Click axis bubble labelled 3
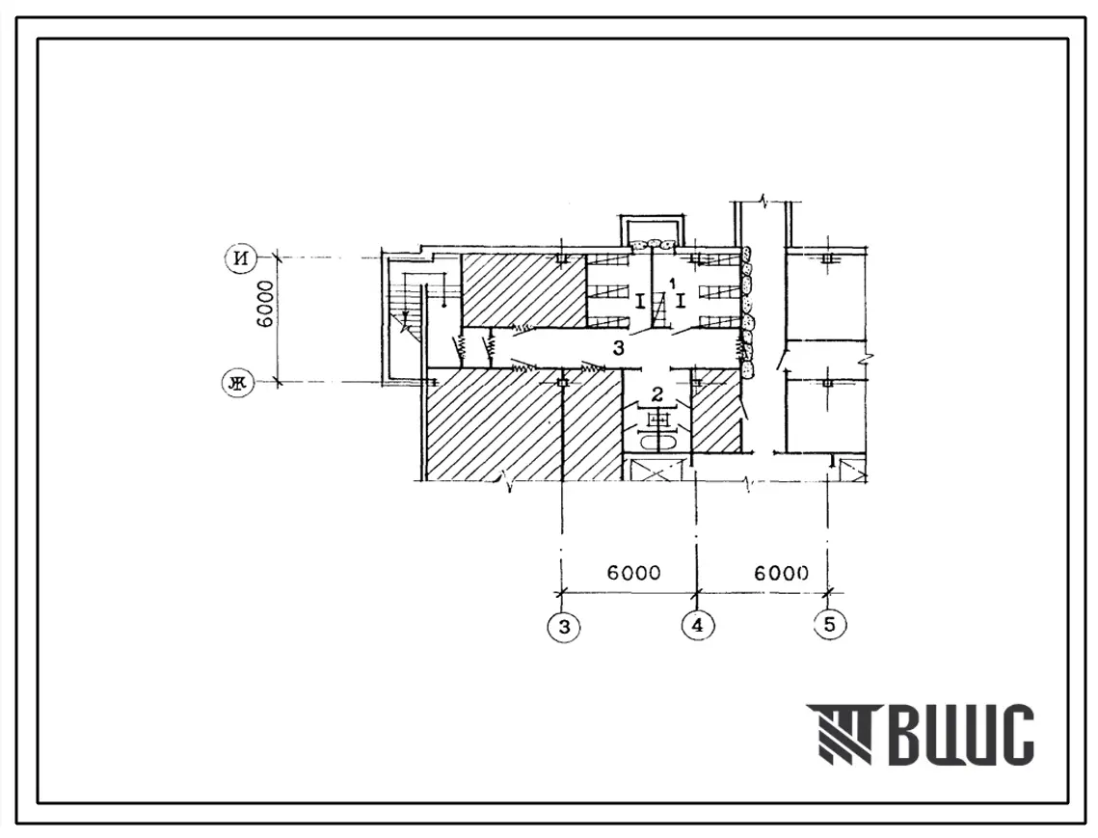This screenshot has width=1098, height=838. tap(564, 627)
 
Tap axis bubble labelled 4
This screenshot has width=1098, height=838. tap(697, 625)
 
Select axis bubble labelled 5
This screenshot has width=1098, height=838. tap(830, 624)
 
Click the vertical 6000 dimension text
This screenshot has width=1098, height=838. tap(266, 306)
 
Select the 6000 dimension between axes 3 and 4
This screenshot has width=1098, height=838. tap(633, 573)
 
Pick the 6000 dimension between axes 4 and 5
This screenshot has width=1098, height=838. tap(781, 573)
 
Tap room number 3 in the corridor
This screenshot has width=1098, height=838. tap(618, 347)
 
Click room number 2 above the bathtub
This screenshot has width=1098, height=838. tap(656, 394)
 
